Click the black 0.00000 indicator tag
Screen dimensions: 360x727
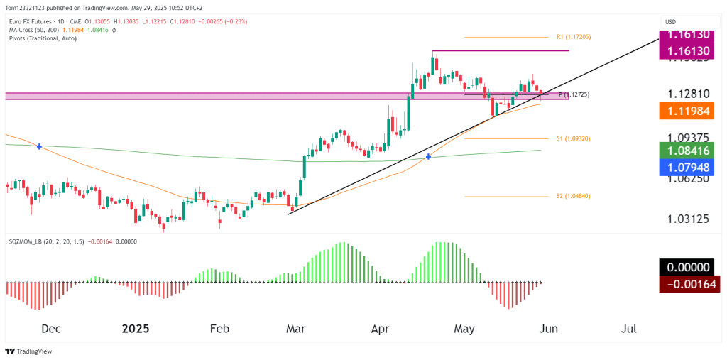click(689, 267)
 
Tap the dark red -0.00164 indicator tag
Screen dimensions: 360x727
click(689, 285)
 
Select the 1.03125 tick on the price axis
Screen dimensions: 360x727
click(689, 218)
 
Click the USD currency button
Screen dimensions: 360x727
click(670, 22)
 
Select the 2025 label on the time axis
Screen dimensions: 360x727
click(135, 329)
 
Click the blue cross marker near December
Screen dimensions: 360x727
click(39, 146)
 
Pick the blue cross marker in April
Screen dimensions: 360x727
click(428, 156)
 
